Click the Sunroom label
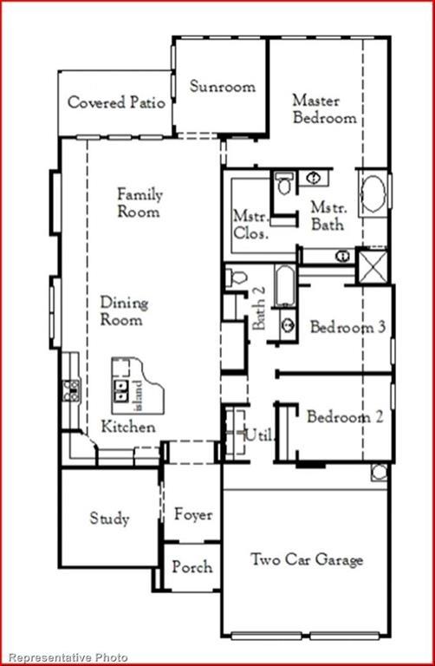click(x=223, y=87)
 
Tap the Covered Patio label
click(x=117, y=102)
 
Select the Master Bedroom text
click(x=325, y=108)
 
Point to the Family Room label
click(x=140, y=203)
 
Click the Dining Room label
click(x=124, y=310)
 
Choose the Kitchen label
click(x=128, y=427)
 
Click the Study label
click(x=109, y=519)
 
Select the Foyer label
click(x=192, y=514)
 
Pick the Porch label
click(x=192, y=566)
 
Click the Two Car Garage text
click(x=307, y=559)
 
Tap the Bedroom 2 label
click(x=344, y=417)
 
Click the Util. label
click(x=258, y=435)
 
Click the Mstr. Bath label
click(x=328, y=216)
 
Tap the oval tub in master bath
click(x=373, y=193)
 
